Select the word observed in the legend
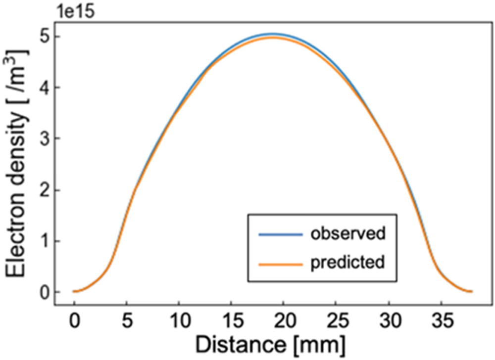point(347,233)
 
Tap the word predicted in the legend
point(347,262)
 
